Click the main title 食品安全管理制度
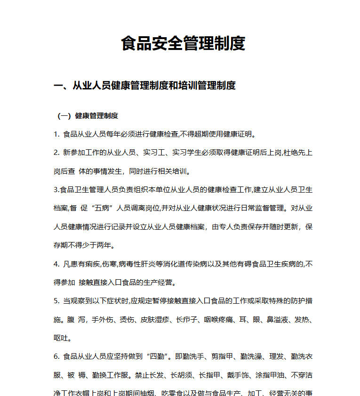pyautogui.click(x=183, y=44)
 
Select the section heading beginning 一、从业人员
pyautogui.click(x=144, y=85)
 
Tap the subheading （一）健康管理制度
pyautogui.click(x=88, y=116)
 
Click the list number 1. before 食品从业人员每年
pyautogui.click(x=56, y=134)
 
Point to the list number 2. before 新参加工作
pyautogui.click(x=56, y=153)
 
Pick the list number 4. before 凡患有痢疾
pyautogui.click(x=56, y=265)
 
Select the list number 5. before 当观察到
pyautogui.click(x=56, y=301)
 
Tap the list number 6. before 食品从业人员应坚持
pyautogui.click(x=56, y=356)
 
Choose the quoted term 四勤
pyautogui.click(x=158, y=356)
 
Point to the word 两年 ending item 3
pyautogui.click(x=106, y=245)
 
